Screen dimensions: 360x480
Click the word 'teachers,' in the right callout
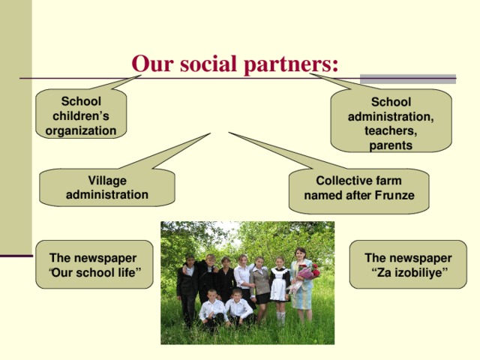390,130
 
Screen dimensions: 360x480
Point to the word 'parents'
390,145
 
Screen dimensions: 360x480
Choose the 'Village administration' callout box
106,187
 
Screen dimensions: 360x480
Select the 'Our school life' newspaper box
94,265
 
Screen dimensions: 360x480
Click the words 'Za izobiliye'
409,272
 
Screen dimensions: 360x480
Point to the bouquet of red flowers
307,271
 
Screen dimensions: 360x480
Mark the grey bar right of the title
408,78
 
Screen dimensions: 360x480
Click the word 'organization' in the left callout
81,130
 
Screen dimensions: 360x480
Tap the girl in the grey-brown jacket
260,285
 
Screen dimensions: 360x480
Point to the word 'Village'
106,181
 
